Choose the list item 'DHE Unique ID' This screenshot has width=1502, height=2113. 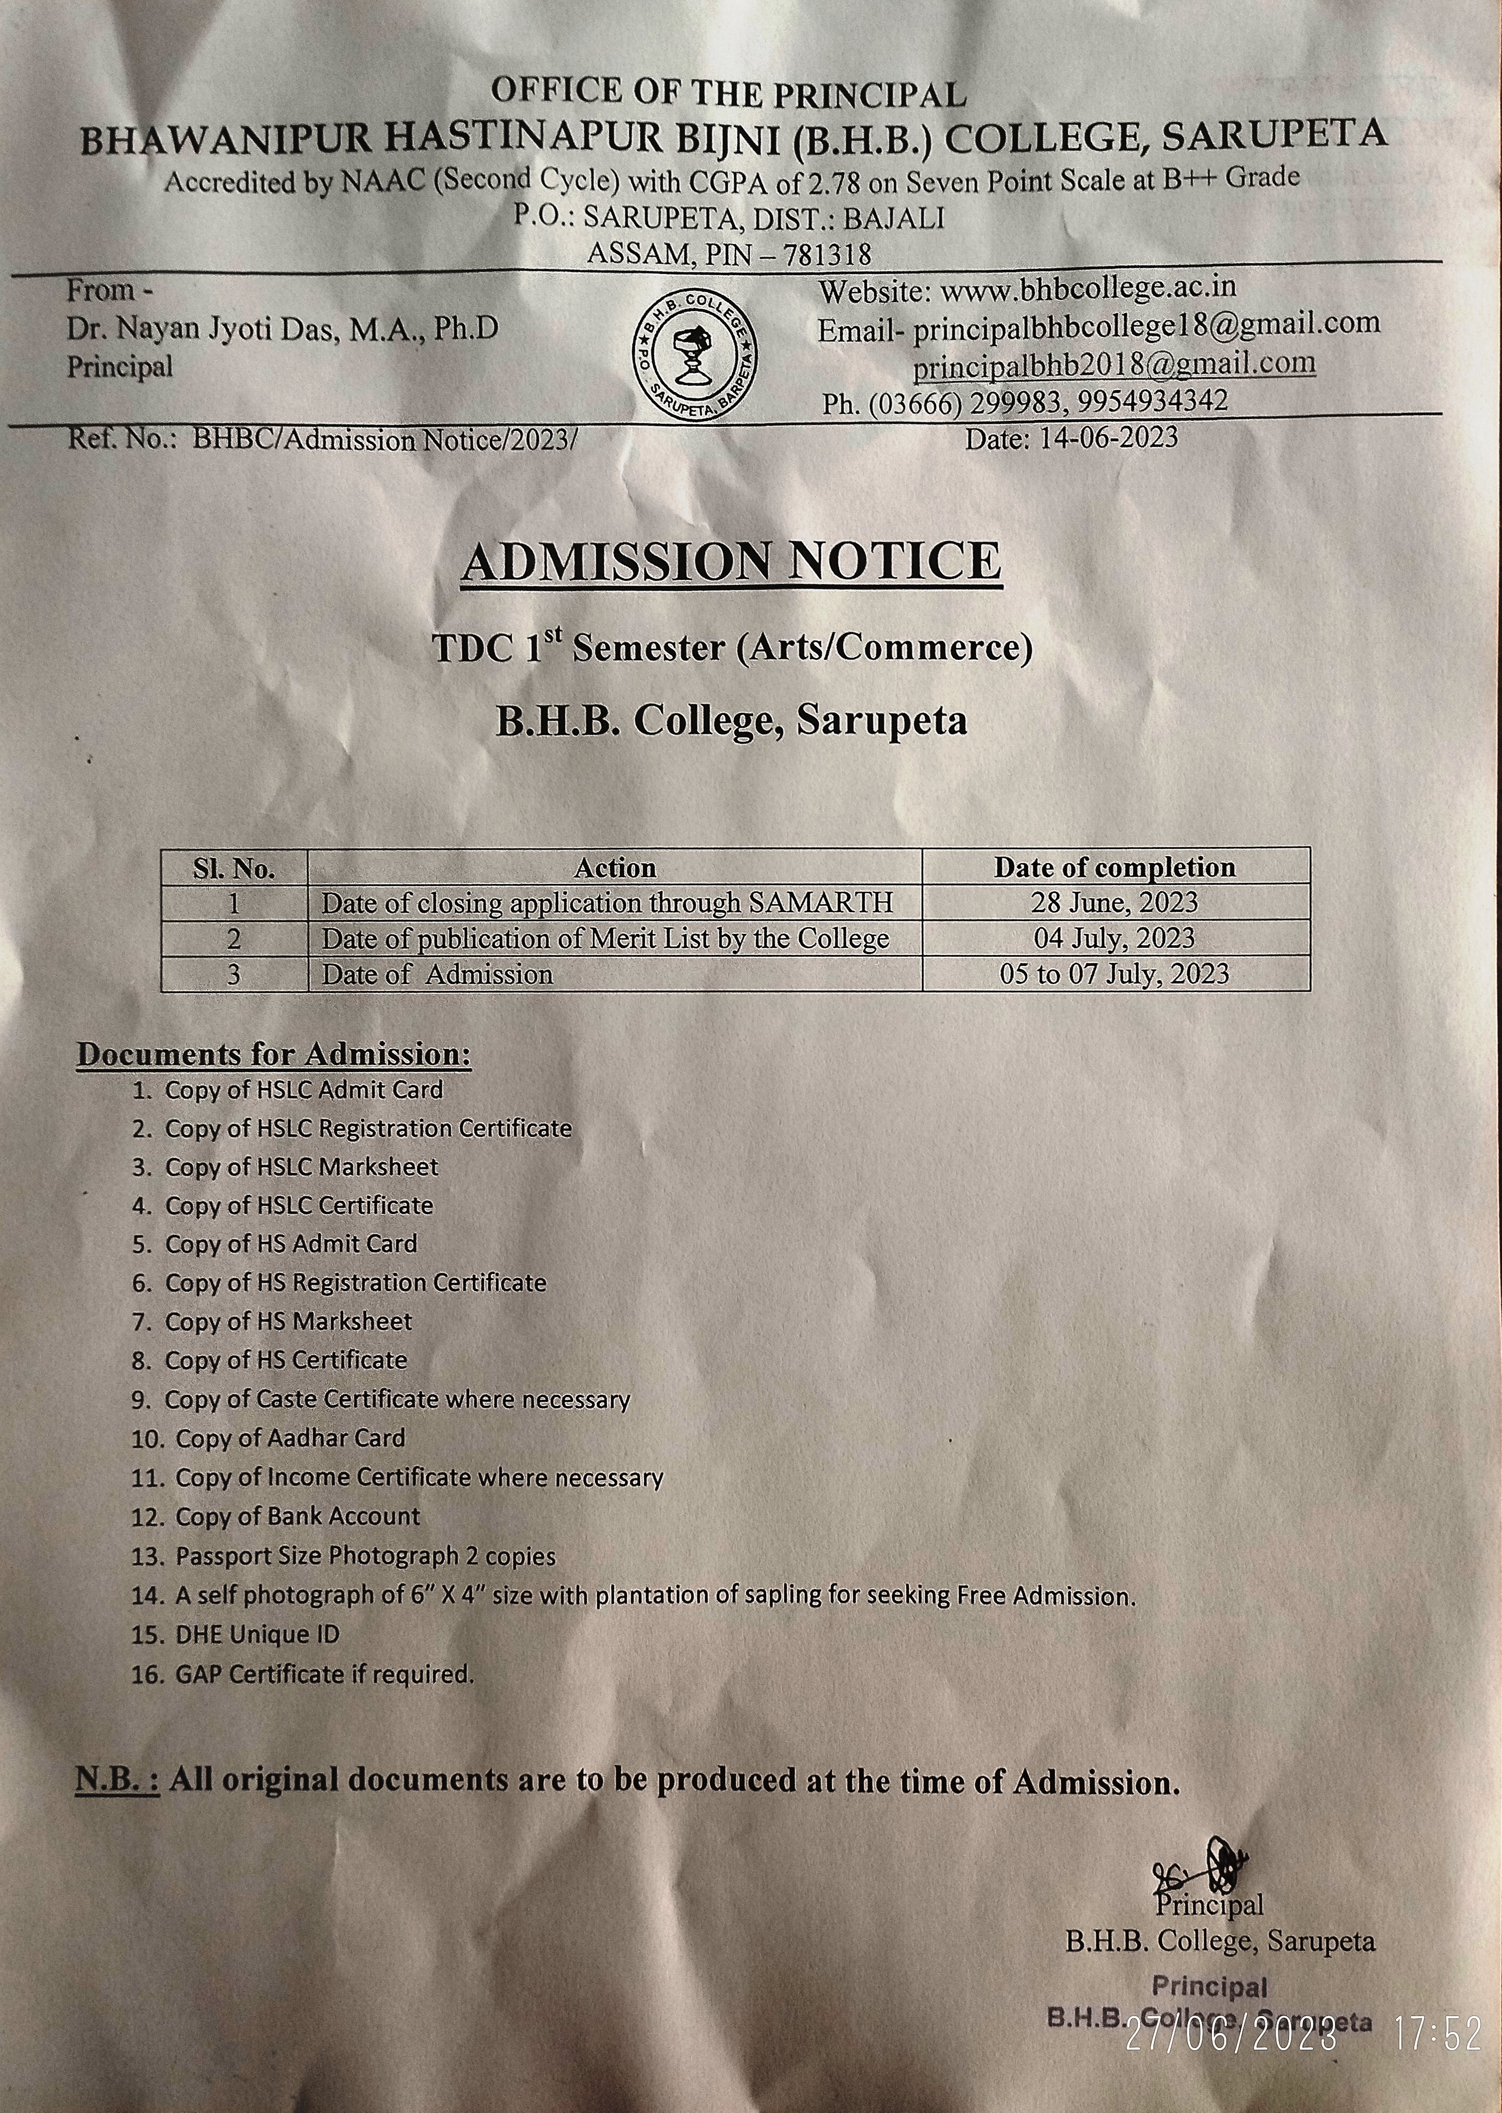click(x=257, y=1634)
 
